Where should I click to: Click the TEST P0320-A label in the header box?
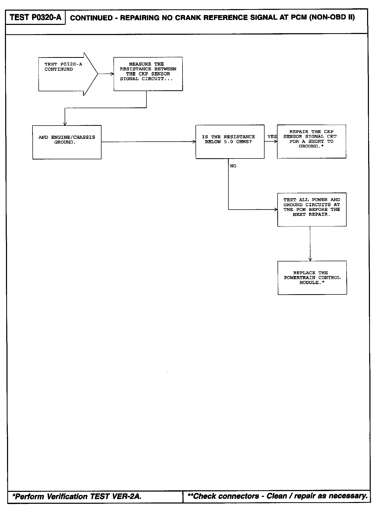point(35,17)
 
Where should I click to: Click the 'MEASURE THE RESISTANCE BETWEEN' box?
point(148,74)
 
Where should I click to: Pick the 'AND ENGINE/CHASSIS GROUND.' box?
point(67,142)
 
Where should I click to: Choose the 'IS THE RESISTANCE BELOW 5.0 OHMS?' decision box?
point(230,142)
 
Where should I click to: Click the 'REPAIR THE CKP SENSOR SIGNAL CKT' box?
point(311,141)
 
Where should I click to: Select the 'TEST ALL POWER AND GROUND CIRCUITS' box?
point(312,209)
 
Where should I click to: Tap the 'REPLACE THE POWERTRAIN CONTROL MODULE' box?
point(312,278)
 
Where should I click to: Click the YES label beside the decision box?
point(272,137)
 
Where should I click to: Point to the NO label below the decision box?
point(233,166)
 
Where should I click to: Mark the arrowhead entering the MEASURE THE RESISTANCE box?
point(112,74)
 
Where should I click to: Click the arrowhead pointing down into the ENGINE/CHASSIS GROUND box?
point(65,124)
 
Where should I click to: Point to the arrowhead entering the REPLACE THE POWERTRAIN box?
point(310,259)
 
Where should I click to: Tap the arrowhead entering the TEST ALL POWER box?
point(276,209)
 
